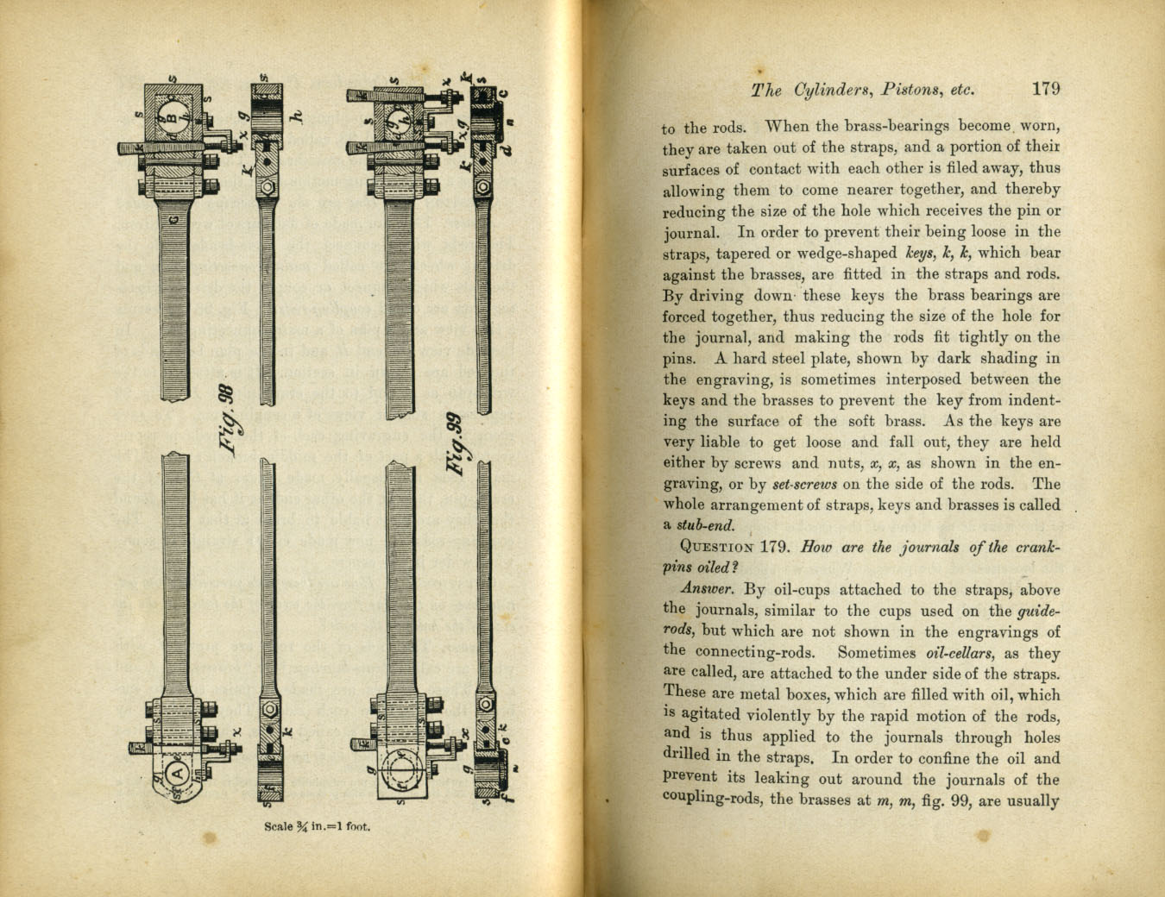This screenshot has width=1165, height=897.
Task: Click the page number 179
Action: tap(1045, 89)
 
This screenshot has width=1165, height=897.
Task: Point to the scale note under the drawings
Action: tap(317, 826)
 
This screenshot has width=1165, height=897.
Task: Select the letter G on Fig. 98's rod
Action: tap(174, 221)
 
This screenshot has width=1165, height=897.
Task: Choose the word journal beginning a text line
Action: tap(690, 232)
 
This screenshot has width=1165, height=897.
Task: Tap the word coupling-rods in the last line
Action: tap(712, 800)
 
